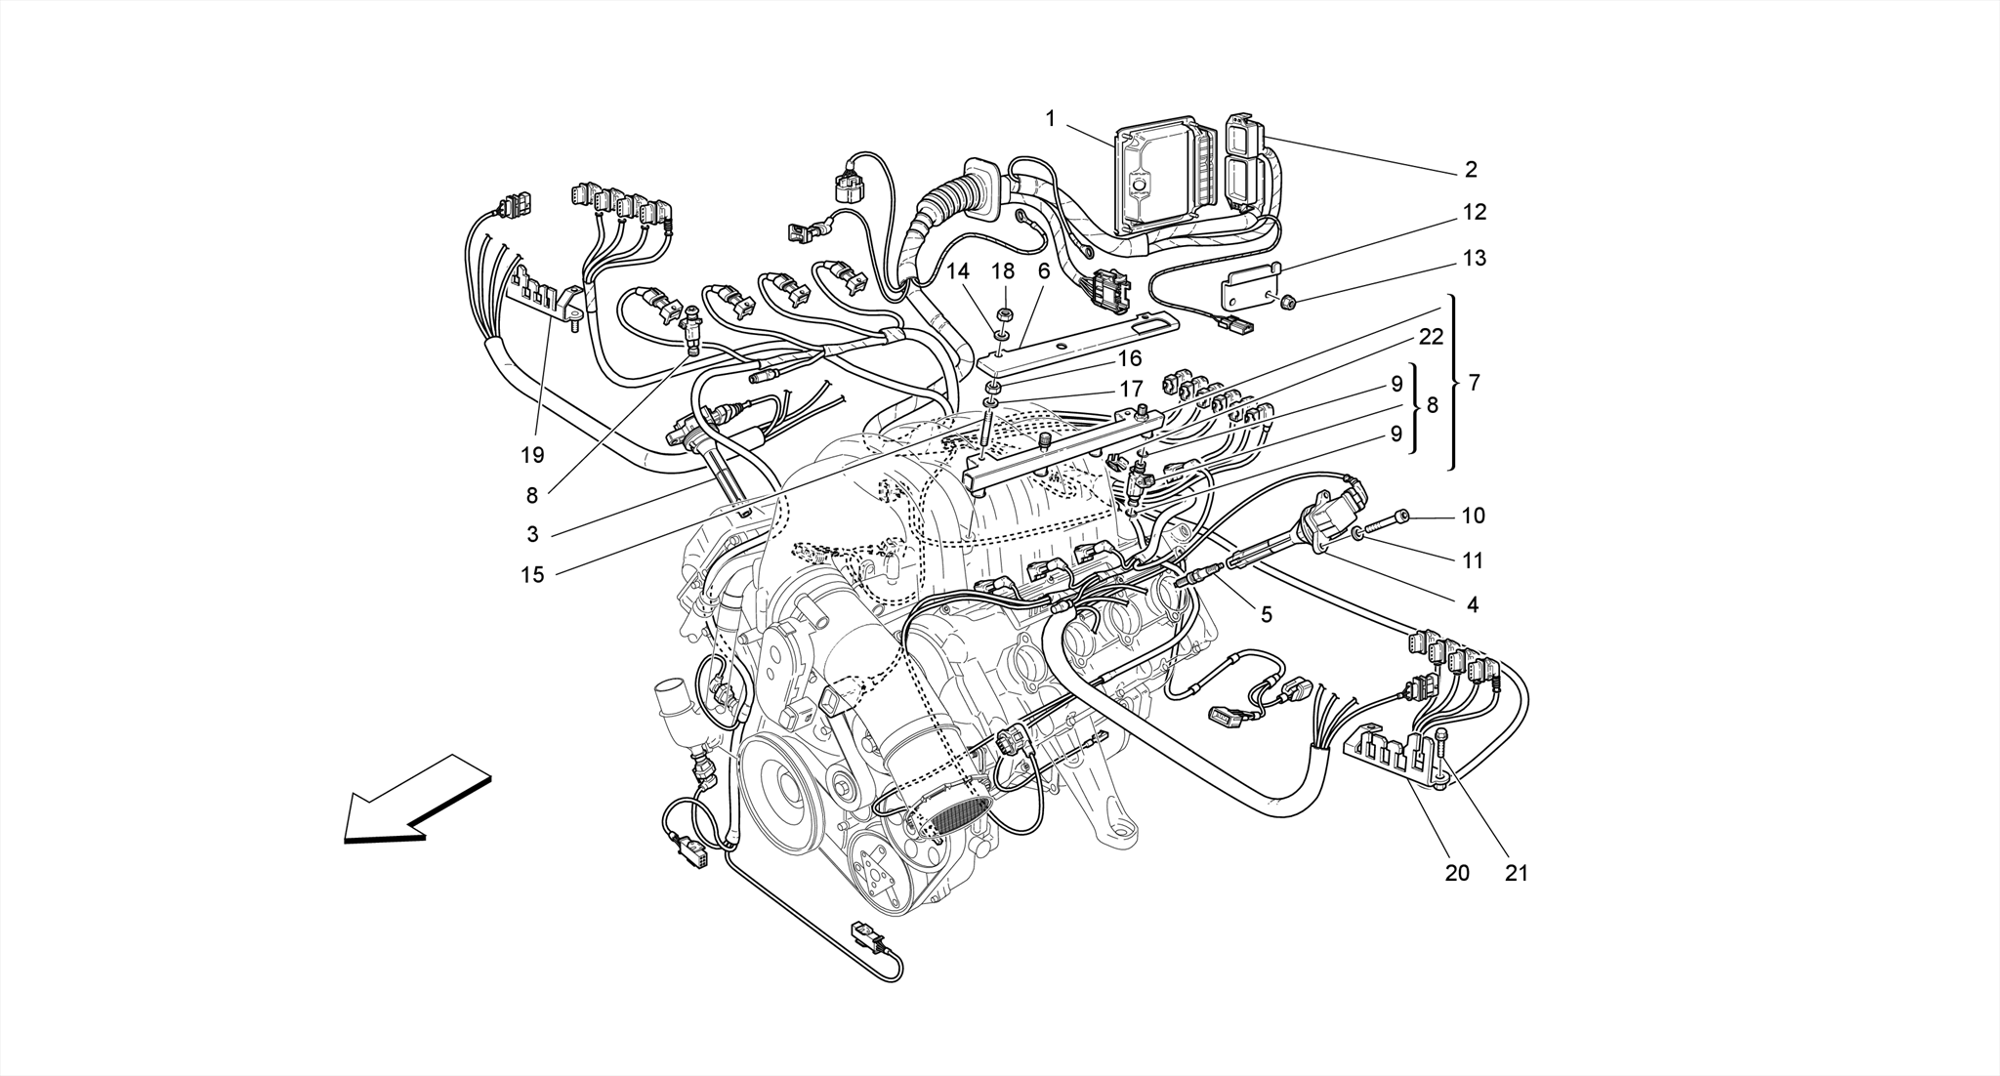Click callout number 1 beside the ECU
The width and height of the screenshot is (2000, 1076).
pos(1051,119)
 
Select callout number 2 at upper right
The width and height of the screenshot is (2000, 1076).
pos(1471,170)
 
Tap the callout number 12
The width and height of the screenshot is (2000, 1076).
pos(1474,212)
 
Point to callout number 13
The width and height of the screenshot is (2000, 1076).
pos(1474,258)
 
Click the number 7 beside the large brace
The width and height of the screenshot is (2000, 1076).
pos(1474,383)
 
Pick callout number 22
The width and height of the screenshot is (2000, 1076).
pos(1431,337)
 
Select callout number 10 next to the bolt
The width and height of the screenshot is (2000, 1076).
pos(1473,516)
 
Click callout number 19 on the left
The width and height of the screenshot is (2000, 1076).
pos(532,455)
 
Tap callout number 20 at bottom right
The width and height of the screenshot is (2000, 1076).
pos(1456,873)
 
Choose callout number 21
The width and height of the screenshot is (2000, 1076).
pos(1516,873)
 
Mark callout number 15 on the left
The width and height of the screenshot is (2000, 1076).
pos(532,575)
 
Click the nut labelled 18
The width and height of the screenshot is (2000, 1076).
pos(1004,315)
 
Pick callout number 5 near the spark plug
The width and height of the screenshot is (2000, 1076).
pos(1266,614)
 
